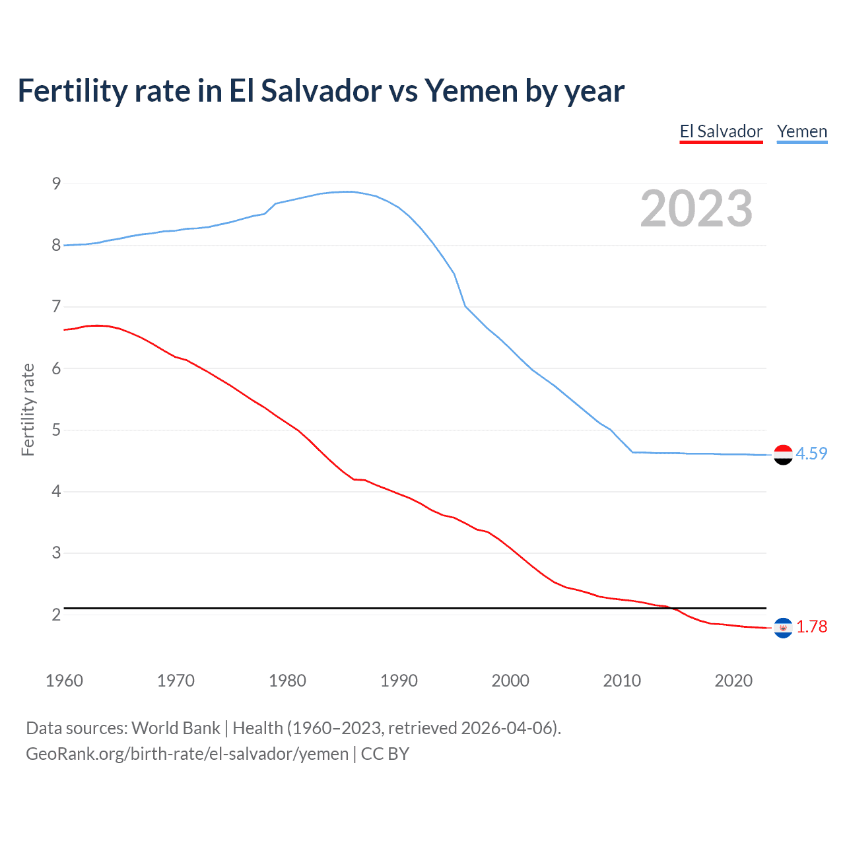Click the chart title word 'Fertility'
point(71,91)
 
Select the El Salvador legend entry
point(721,131)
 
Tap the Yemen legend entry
point(801,131)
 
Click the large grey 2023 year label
point(696,209)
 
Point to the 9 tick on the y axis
point(56,184)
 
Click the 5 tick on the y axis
point(56,430)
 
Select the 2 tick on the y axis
point(56,615)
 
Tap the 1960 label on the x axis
point(64,681)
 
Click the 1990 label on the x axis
point(399,681)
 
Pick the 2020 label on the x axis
point(733,681)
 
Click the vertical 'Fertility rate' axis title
point(28,409)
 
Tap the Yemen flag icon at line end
point(783,454)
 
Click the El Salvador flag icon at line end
point(783,627)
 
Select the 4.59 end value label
point(811,454)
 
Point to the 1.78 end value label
point(811,627)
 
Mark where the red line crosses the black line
point(673,608)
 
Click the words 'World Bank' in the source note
point(176,728)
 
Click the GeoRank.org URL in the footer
point(187,754)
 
